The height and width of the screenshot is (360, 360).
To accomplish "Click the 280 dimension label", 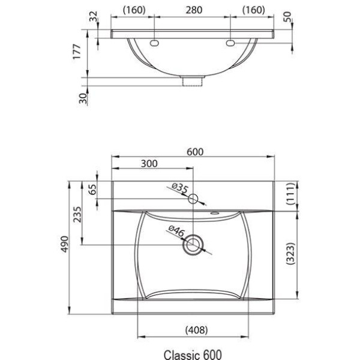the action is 194,10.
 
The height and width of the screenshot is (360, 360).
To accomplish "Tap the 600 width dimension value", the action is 195,152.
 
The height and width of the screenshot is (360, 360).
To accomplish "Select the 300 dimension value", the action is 149,164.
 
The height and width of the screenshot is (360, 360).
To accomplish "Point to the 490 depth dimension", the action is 65,244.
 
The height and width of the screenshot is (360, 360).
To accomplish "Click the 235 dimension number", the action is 77,214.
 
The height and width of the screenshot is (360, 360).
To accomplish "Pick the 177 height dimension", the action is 77,52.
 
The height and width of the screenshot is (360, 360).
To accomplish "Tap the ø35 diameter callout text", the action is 180,188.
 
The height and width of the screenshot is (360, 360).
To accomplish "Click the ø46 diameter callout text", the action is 176,231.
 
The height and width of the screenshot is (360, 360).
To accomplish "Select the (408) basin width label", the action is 197,330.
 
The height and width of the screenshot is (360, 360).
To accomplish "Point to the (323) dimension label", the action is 290,253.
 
